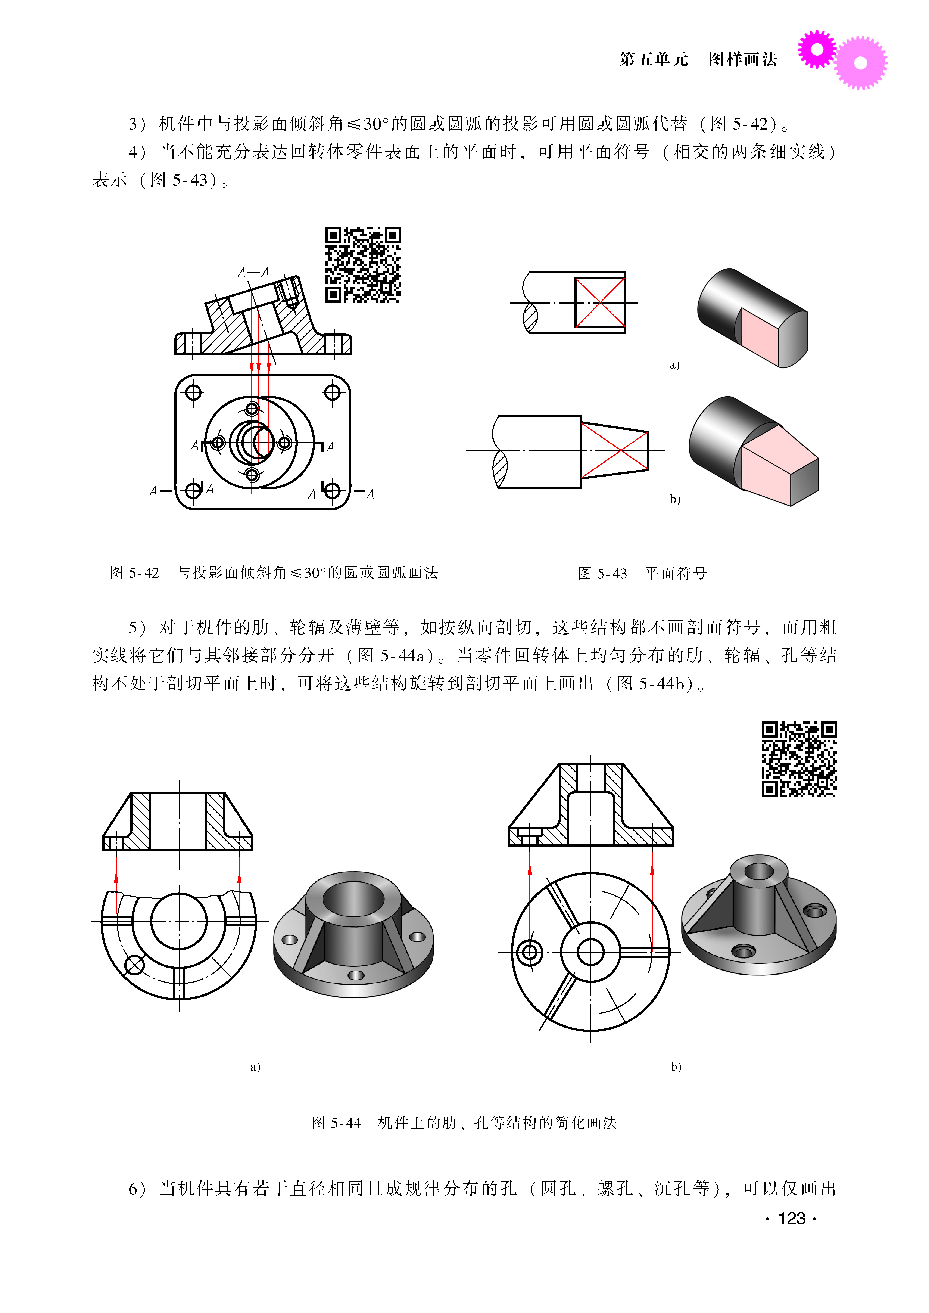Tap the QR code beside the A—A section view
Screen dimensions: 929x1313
tap(363, 264)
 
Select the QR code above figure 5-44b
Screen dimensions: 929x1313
tap(799, 759)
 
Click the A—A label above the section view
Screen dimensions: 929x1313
tap(253, 272)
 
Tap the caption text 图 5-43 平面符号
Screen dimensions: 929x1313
tap(642, 573)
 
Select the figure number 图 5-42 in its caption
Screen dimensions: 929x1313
tap(134, 573)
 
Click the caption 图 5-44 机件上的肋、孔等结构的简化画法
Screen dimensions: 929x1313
tap(464, 1123)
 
